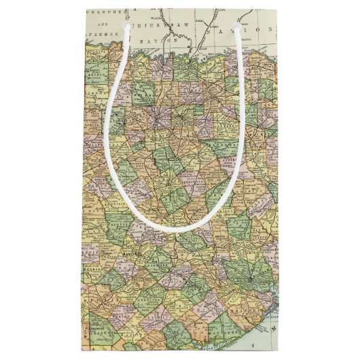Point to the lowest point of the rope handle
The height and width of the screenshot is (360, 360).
coord(178,228)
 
